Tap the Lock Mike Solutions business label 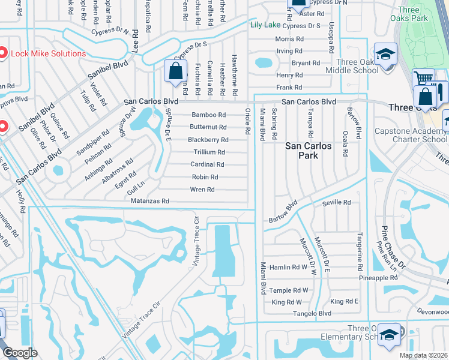pos(46,53)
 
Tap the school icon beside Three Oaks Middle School pos(384,55)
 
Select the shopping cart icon pos(423,78)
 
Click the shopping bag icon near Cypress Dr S pos(175,71)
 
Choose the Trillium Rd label pos(209,152)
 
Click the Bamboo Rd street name pos(208,115)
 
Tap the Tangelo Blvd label pos(312,314)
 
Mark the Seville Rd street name pos(337,203)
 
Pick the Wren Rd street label pos(202,190)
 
